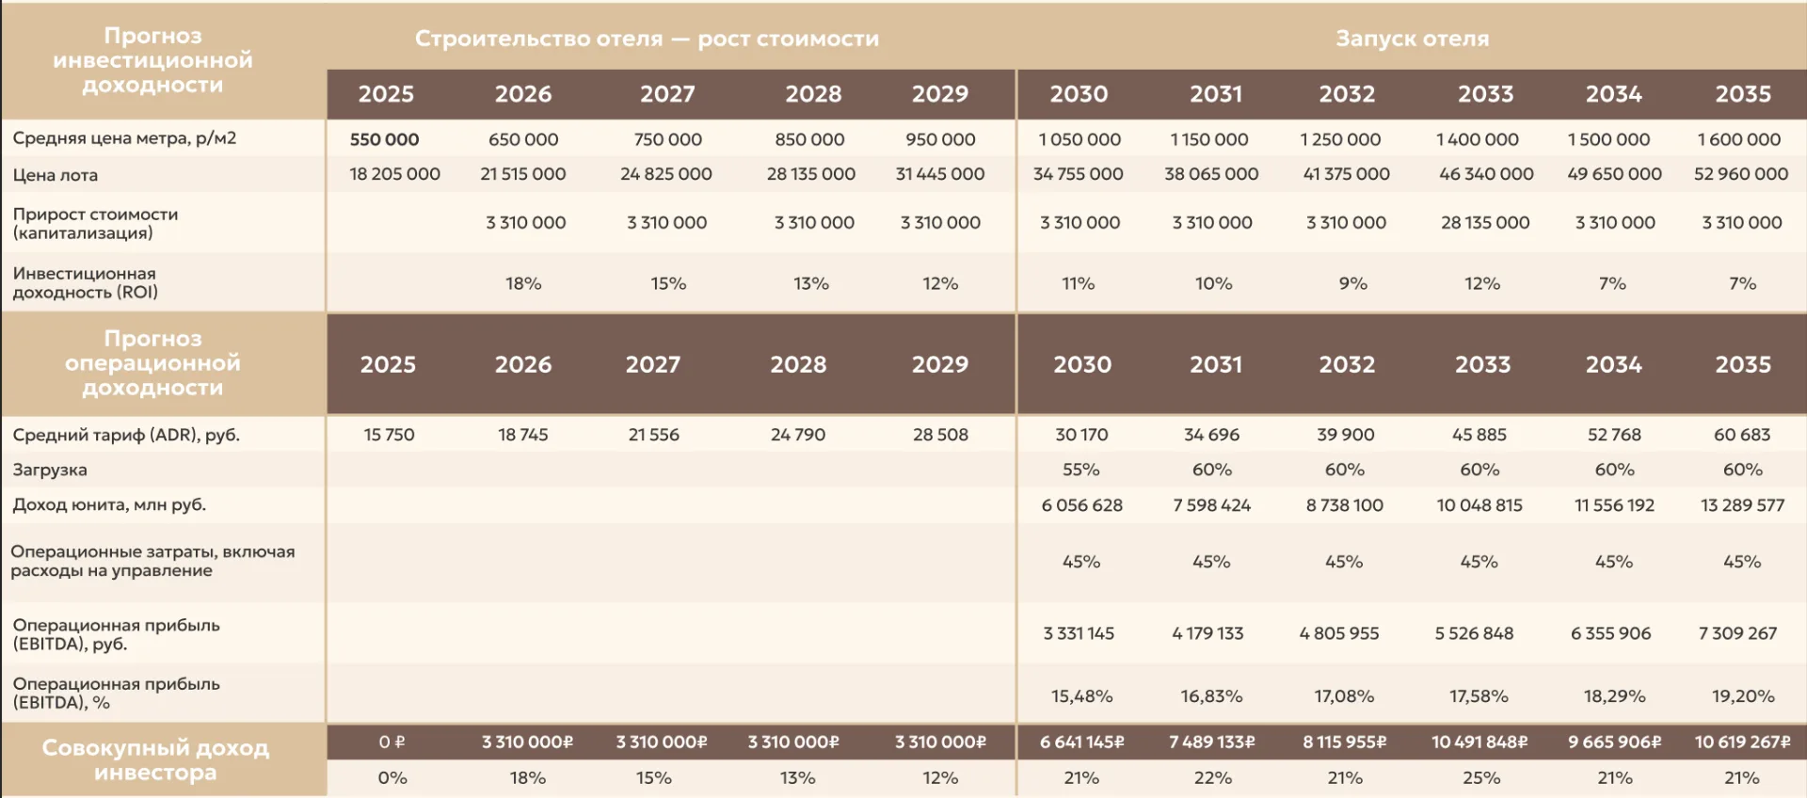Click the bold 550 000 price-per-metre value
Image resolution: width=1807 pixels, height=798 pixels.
[x=384, y=139]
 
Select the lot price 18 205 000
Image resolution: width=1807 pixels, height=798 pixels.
[x=394, y=174]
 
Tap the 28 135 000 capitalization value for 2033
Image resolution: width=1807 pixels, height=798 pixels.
[x=1485, y=223]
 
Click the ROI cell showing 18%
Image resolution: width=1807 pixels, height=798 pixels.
[x=523, y=283]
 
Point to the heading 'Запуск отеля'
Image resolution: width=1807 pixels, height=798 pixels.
[x=1412, y=39]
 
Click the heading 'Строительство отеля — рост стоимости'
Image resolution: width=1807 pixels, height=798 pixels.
[x=647, y=39]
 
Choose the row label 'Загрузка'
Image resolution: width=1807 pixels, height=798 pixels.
[x=50, y=470]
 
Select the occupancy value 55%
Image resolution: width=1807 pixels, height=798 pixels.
[x=1080, y=470]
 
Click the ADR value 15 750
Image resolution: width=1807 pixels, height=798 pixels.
[x=389, y=435]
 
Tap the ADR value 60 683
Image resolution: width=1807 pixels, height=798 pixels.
[x=1742, y=435]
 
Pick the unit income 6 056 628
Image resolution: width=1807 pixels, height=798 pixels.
[x=1081, y=505]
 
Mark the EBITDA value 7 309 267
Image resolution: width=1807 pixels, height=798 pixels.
[x=1737, y=633]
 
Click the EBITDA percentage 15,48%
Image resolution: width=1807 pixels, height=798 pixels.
[x=1081, y=696]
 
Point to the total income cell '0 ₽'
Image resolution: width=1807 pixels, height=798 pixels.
[x=392, y=742]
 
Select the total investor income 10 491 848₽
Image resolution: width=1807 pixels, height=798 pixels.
[x=1479, y=742]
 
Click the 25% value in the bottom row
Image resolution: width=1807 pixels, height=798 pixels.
[x=1481, y=778]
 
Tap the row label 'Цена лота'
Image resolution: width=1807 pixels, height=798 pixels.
[x=56, y=175]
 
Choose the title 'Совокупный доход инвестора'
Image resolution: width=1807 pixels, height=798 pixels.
[x=155, y=760]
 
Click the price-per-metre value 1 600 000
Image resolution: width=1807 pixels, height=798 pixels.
[x=1739, y=139]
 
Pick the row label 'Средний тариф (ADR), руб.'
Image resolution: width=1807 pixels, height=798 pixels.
[x=126, y=436]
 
